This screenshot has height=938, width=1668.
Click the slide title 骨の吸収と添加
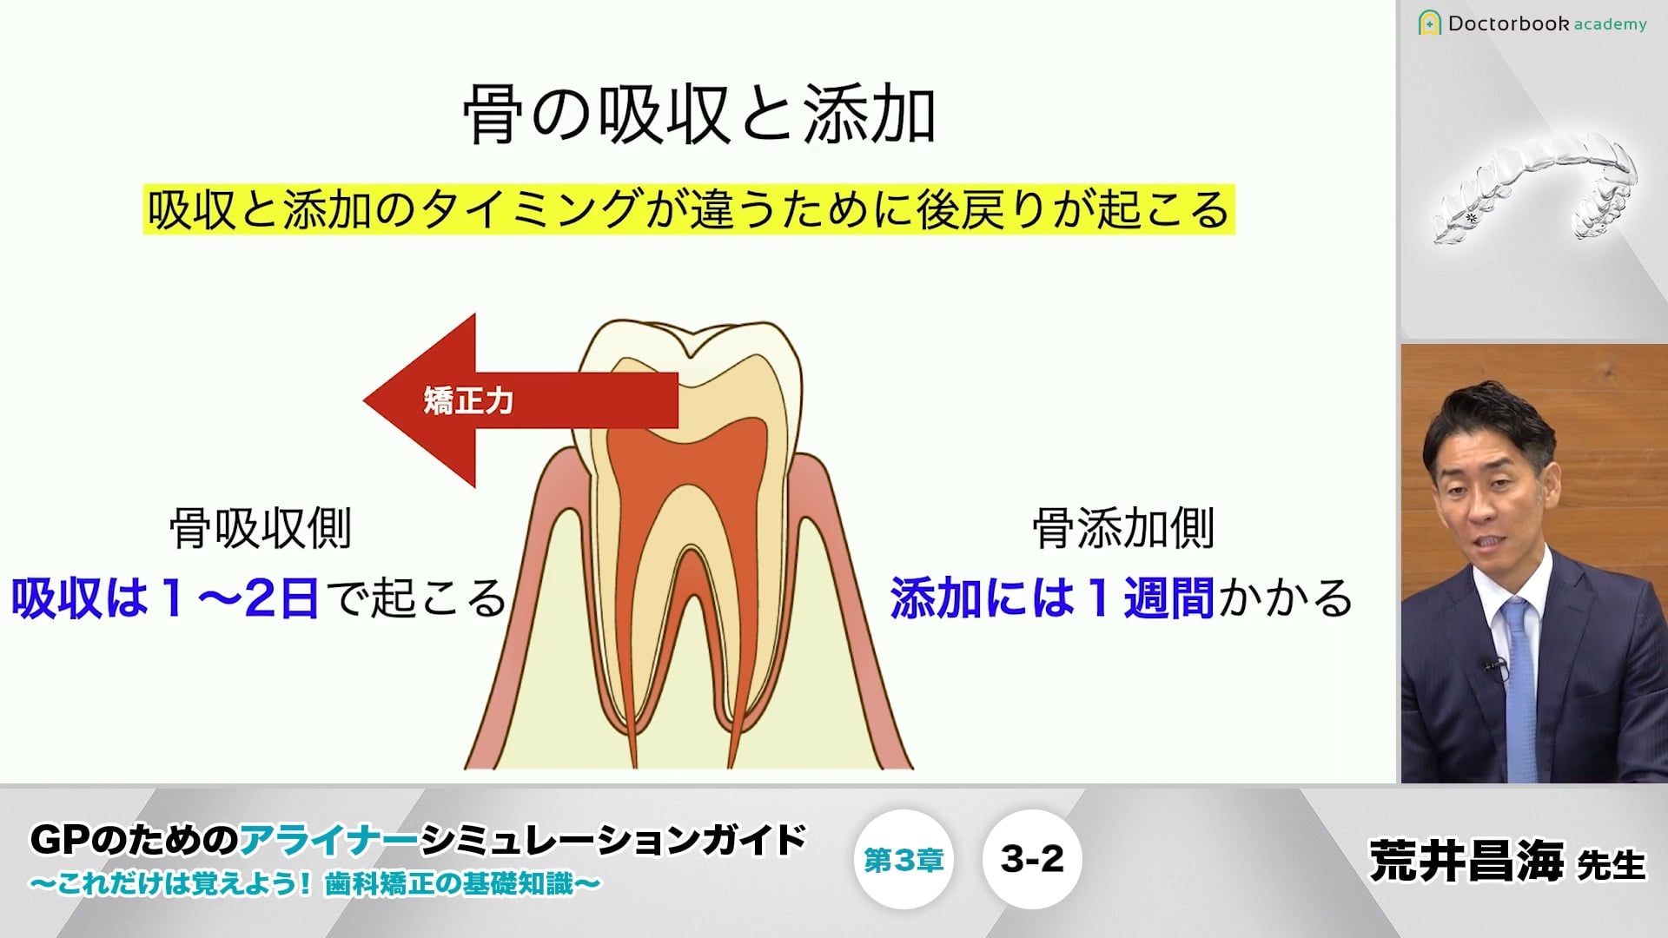coord(699,115)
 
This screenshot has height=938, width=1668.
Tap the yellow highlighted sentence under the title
coord(689,209)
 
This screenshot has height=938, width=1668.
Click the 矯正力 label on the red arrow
coord(468,400)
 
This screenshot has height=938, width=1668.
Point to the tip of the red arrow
coord(364,400)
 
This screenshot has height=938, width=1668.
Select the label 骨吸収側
coord(261,528)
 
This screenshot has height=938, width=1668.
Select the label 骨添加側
coord(1123,528)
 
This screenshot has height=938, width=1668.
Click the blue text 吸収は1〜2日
coord(165,598)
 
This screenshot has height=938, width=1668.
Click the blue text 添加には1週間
coord(1052,598)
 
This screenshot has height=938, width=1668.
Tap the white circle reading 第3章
coord(903,860)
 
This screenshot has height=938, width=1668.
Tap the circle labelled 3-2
coord(1032,860)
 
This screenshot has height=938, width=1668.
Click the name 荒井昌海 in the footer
coord(1467,861)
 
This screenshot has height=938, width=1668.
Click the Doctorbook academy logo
coord(1532,23)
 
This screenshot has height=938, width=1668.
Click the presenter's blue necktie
coord(1519,686)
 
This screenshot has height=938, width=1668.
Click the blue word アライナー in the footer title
coord(329,840)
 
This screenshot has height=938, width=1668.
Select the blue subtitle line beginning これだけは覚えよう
coord(314,884)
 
